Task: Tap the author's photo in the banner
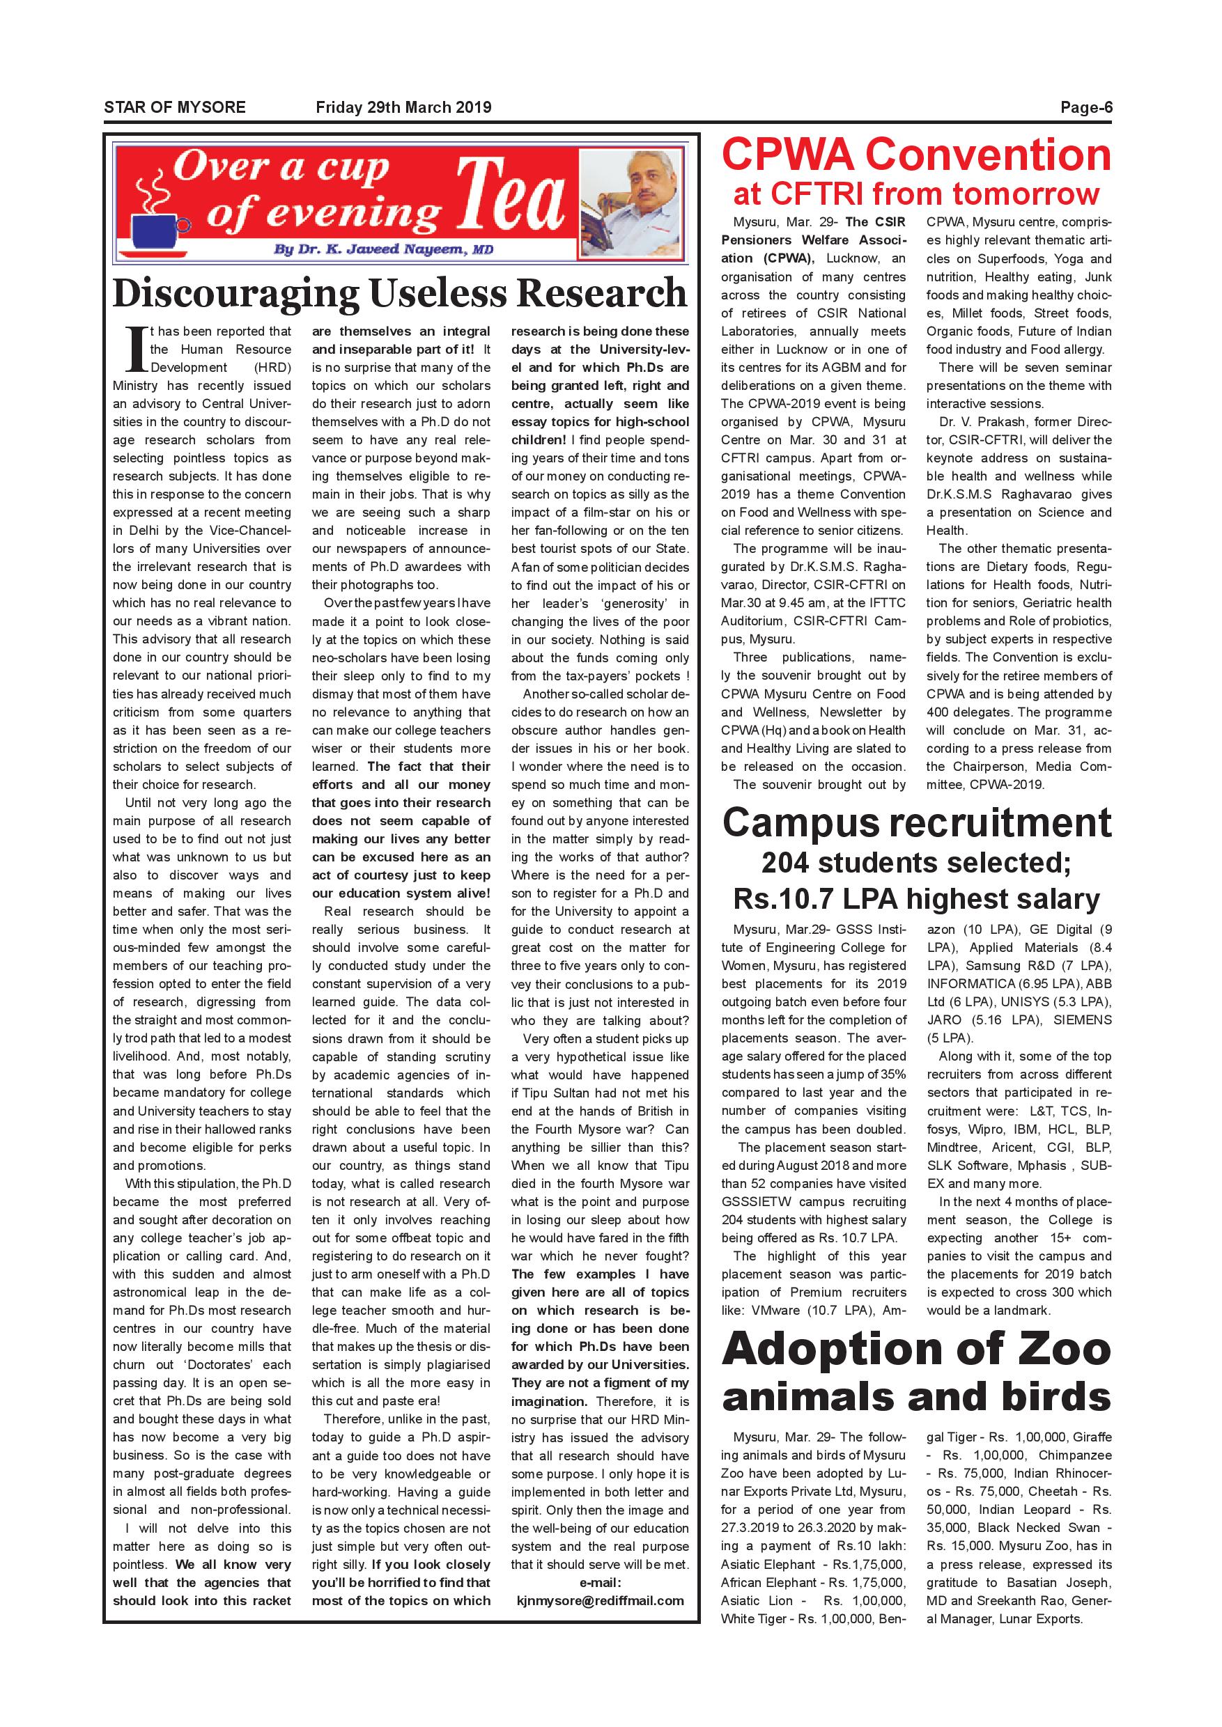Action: tap(631, 204)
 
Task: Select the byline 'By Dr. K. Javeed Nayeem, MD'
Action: tap(383, 249)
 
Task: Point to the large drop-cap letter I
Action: tap(135, 349)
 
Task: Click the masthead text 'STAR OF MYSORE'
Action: tap(175, 107)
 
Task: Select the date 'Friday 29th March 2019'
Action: tap(403, 107)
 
